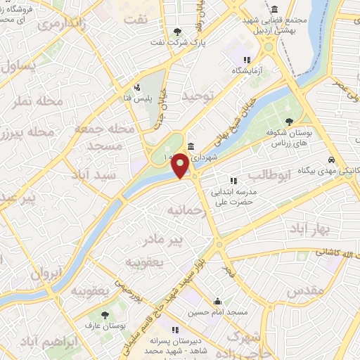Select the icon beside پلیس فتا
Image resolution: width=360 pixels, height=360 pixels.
(137, 89)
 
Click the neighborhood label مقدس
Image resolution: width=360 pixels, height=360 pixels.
(306, 289)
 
